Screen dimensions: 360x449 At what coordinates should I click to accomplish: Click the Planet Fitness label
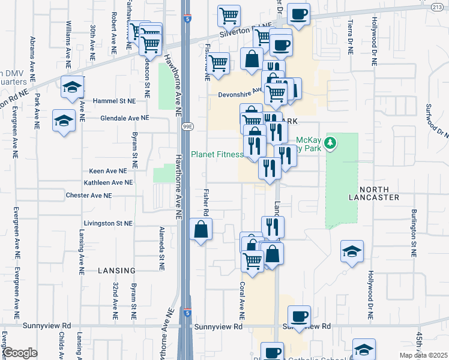217,154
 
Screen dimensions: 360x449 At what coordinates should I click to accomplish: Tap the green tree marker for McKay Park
330,143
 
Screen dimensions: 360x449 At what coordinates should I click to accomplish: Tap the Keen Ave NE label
108,171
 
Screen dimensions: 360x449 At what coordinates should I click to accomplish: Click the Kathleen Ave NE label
108,182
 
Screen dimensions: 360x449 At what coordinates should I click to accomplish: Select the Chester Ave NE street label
89,196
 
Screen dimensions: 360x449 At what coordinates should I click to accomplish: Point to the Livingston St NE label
107,223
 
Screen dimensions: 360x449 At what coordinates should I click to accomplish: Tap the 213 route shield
441,7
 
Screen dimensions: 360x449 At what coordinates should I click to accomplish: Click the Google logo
20,353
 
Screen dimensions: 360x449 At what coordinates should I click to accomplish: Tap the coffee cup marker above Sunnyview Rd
299,316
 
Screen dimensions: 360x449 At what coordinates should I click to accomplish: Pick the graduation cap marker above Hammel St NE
72,88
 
